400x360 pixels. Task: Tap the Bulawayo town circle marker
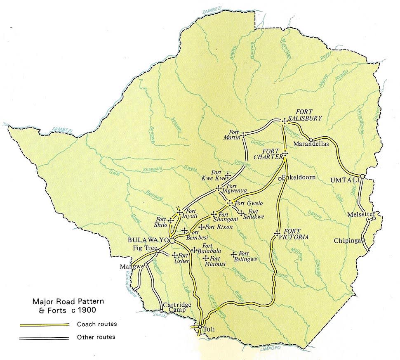pos(172,240)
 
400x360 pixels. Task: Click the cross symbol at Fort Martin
pos(243,135)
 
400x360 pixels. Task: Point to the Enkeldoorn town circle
pos(279,178)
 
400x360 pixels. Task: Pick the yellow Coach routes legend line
pos(45,324)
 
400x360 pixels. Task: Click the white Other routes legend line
pos(45,338)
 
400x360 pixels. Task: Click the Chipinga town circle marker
pos(363,240)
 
